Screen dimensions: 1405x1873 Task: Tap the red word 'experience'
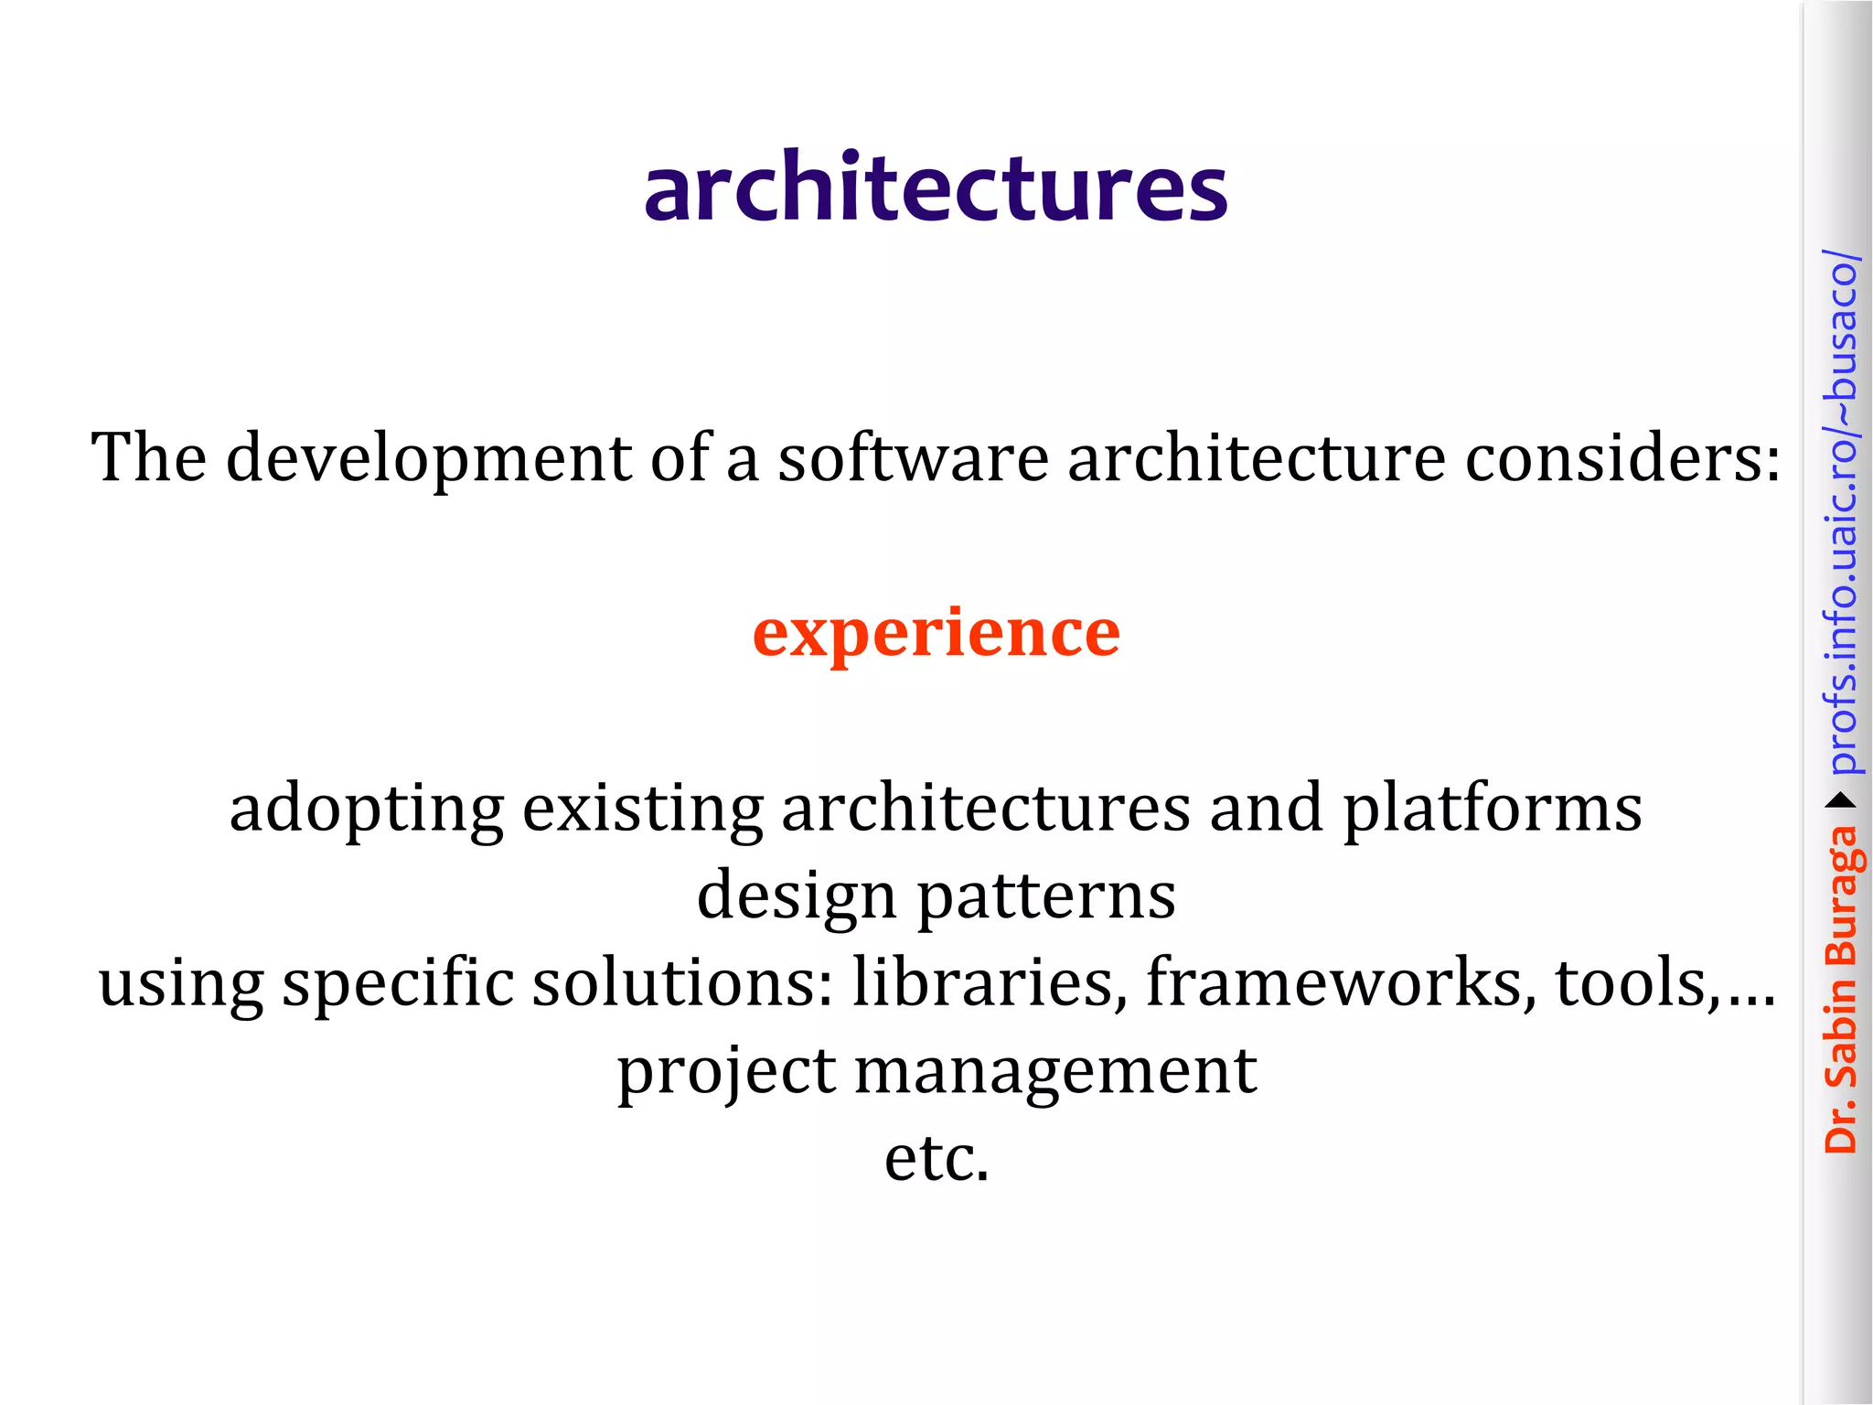(936, 633)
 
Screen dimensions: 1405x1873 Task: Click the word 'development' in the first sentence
(428, 457)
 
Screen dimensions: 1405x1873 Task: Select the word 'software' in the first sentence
(913, 457)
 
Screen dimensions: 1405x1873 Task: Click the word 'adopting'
(366, 809)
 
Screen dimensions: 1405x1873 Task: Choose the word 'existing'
(642, 809)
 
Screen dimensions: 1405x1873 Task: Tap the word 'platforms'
(1492, 809)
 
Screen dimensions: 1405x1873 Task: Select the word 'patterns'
(1046, 896)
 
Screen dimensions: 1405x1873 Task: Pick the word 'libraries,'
(990, 982)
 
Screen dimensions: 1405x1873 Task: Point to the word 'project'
(726, 1071)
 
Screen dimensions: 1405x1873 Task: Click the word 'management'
(1055, 1071)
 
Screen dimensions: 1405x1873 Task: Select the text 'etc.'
(936, 1158)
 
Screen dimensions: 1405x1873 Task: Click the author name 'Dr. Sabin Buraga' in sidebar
(1840, 988)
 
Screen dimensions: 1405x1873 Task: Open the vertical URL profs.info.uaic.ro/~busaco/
(1840, 512)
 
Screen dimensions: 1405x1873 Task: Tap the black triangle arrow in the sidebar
(1840, 801)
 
